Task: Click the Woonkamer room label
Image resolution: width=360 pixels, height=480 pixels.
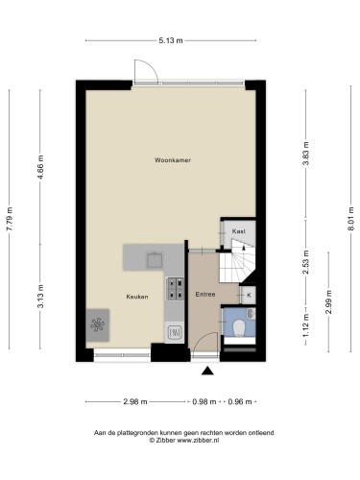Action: coord(173,160)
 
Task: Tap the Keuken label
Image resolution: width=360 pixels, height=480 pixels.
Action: coord(137,297)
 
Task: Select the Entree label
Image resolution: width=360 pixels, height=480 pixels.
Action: coord(205,294)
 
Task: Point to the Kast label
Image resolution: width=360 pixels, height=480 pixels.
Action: coord(239,231)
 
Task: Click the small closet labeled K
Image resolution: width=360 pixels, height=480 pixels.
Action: coord(249,295)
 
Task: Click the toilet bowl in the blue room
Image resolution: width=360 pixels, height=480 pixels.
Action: coord(239,328)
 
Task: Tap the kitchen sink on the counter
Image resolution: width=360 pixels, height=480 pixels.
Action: coord(155,260)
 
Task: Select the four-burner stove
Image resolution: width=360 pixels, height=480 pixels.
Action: coord(175,289)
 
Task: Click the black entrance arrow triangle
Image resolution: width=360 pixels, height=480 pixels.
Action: coord(207,371)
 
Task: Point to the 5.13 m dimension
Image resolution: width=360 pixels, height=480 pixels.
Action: coord(171,40)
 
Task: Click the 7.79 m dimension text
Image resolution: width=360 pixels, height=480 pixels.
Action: coord(10,219)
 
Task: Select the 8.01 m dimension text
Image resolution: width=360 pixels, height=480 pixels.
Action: coord(351,219)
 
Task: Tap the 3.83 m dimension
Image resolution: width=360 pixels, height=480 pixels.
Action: coord(306,154)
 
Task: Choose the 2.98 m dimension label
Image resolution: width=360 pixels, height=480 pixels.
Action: coord(135,401)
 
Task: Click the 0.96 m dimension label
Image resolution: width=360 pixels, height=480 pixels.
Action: coord(240,401)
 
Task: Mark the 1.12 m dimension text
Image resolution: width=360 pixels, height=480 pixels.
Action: coord(306,325)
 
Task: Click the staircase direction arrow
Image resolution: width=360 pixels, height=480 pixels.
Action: coord(244,248)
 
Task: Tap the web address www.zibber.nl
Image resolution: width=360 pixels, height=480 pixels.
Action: coord(198,441)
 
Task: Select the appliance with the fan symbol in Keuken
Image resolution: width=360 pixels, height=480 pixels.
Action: coord(98,325)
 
